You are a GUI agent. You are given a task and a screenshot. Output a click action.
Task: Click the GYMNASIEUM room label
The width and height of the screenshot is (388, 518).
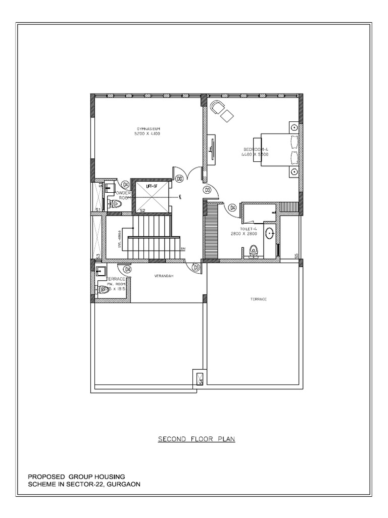point(147,129)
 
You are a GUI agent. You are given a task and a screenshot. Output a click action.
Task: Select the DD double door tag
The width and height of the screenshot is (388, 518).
point(179,178)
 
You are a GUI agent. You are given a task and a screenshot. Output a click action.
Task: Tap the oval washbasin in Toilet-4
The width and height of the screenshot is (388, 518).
point(270,234)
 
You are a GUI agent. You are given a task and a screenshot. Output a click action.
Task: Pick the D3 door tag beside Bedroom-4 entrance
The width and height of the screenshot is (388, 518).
point(207,190)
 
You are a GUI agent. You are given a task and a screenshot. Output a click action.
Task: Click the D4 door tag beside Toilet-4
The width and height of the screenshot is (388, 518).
point(232,207)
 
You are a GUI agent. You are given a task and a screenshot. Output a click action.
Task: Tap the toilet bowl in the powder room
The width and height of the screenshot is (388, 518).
point(117,204)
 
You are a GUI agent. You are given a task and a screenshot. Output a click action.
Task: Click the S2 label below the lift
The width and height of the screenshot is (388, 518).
point(142,210)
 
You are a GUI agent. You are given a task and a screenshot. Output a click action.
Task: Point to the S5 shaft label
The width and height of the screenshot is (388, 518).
point(297,255)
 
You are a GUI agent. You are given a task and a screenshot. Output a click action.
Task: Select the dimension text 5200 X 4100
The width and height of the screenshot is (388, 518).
point(147,134)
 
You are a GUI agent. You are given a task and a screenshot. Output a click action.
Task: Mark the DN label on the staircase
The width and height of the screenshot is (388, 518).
point(183,249)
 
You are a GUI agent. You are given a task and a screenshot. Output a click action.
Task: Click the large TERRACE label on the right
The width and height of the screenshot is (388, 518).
point(258,299)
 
